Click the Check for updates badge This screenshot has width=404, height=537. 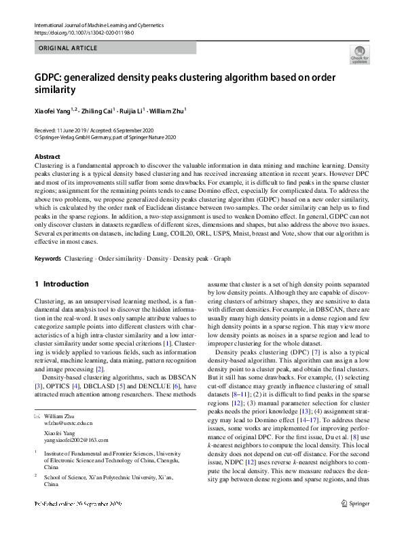point(359,54)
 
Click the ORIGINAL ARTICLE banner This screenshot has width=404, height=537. point(68,48)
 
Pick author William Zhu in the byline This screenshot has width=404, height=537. point(167,109)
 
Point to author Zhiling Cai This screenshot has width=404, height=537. point(92,109)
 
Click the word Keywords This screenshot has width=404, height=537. point(48,259)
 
